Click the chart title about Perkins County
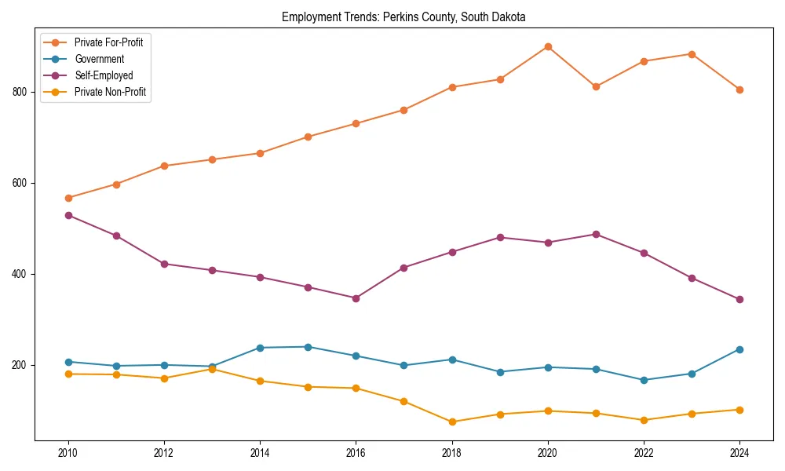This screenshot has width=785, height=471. coord(403,16)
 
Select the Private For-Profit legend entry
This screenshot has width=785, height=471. coord(108,42)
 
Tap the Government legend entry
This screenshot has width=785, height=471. coord(99,59)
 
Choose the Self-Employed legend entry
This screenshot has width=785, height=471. coord(104,75)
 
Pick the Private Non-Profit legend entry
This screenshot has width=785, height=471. coord(110,92)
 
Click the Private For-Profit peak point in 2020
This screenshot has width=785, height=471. coord(548,46)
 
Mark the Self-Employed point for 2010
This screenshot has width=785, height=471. coord(68,215)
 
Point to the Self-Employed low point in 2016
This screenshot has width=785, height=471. coord(356,298)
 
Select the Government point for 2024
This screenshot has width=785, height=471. coord(739,349)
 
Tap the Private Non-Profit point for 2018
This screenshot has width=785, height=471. coord(452,422)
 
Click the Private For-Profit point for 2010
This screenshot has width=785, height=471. coord(68,198)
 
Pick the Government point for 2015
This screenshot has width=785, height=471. coord(308,347)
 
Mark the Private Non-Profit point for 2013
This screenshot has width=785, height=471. coord(212,369)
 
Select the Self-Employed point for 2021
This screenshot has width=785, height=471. coord(596,234)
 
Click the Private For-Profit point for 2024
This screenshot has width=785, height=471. coord(739,89)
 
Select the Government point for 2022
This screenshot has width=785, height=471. coord(644,380)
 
